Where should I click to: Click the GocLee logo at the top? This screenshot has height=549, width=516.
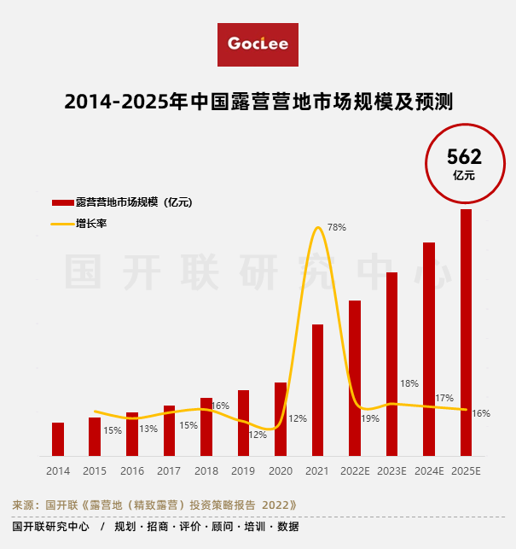258,44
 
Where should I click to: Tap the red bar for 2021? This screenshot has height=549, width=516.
317,389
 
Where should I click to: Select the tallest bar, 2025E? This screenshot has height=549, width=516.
466,333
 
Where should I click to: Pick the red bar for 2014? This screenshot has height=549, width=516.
58,439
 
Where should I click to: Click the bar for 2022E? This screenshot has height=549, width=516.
355,377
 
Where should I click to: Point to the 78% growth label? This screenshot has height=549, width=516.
337,227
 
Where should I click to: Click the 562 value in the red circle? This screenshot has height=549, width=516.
465,157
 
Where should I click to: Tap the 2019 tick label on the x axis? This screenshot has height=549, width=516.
243,471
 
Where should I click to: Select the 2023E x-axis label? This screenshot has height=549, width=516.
391,471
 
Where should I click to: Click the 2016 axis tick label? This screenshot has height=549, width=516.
132,471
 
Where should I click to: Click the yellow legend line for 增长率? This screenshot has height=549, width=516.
62,224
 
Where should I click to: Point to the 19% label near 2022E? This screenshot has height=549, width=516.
370,418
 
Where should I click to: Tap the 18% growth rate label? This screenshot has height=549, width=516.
409,383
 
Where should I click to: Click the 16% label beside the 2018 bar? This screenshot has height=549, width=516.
220,406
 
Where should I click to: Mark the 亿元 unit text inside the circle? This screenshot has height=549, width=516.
465,175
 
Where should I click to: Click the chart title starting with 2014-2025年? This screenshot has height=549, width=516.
258,102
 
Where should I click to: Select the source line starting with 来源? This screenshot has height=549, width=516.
154,505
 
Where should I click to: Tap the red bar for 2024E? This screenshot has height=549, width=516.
429,349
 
